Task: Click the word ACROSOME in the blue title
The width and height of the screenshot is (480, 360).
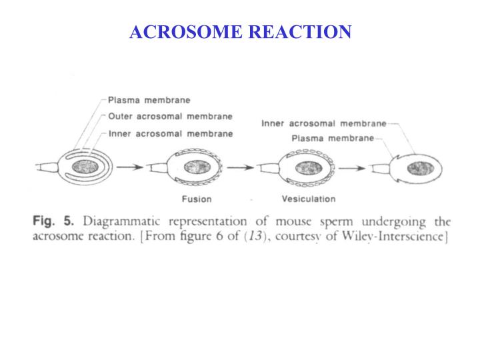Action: (x=184, y=31)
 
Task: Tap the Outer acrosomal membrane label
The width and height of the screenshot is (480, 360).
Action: (x=171, y=117)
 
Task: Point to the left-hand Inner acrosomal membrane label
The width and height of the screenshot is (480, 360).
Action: (x=170, y=133)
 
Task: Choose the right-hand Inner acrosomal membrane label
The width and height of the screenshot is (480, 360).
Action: (x=323, y=123)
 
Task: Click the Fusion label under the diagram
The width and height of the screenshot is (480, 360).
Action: (x=196, y=198)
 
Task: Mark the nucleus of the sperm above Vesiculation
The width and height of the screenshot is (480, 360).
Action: (x=308, y=167)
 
